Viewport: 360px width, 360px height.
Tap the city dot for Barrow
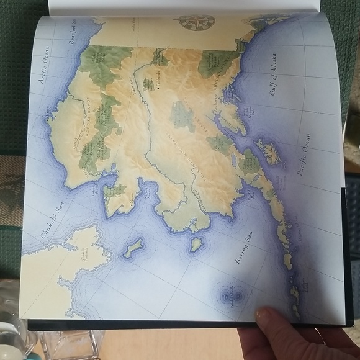(47, 117)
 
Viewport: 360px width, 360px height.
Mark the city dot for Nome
(132, 202)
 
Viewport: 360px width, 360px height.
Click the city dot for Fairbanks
(159, 88)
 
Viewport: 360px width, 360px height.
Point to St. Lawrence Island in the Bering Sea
(132, 248)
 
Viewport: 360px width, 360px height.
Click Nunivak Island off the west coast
(196, 244)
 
